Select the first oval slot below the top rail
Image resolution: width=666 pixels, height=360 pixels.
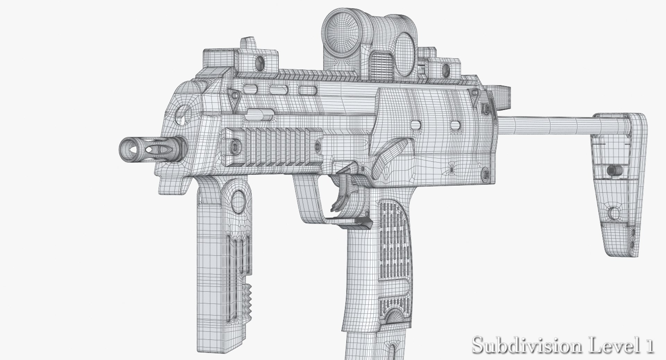pyautogui.click(x=250, y=89)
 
